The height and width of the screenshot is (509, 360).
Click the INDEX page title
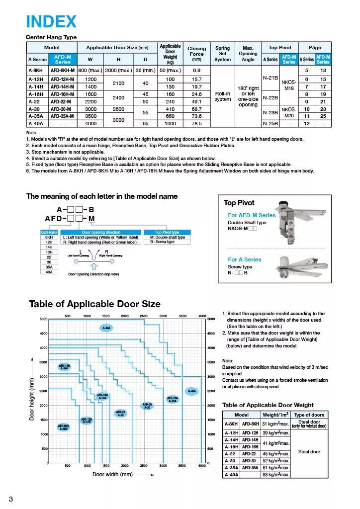pyautogui.click(x=51, y=21)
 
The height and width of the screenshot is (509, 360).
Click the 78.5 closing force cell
pyautogui.click(x=196, y=123)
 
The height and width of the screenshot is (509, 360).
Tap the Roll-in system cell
pyautogui.click(x=222, y=96)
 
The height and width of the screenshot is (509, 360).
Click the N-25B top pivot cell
pyautogui.click(x=270, y=123)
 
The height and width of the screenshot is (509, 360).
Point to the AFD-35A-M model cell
pyautogui.click(x=63, y=116)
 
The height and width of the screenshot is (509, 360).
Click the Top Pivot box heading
pyautogui.click(x=239, y=203)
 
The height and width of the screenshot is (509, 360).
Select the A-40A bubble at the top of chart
pyautogui.click(x=106, y=328)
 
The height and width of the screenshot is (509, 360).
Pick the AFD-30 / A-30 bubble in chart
pyautogui.click(x=148, y=406)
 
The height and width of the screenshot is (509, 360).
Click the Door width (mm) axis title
pyautogui.click(x=112, y=474)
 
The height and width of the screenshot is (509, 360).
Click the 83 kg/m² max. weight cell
pyautogui.click(x=275, y=475)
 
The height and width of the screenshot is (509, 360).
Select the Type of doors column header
pyautogui.click(x=309, y=415)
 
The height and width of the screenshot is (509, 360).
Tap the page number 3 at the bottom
pyautogui.click(x=11, y=499)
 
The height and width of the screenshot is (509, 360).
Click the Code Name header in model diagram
pyautogui.click(x=49, y=232)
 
